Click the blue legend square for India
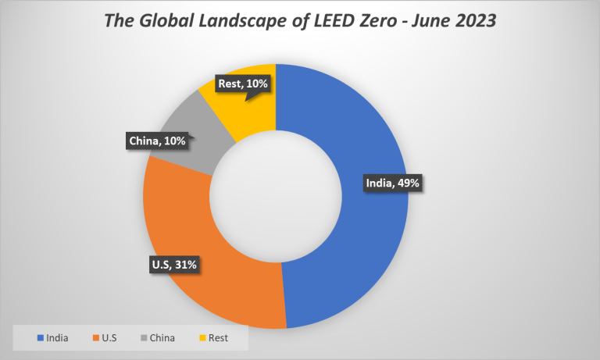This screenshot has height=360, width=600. click(x=41, y=338)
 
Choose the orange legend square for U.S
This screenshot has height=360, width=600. click(x=95, y=338)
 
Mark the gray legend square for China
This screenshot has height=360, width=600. click(x=145, y=338)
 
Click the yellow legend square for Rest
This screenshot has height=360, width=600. click(x=202, y=338)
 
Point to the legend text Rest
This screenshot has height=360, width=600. click(x=218, y=338)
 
